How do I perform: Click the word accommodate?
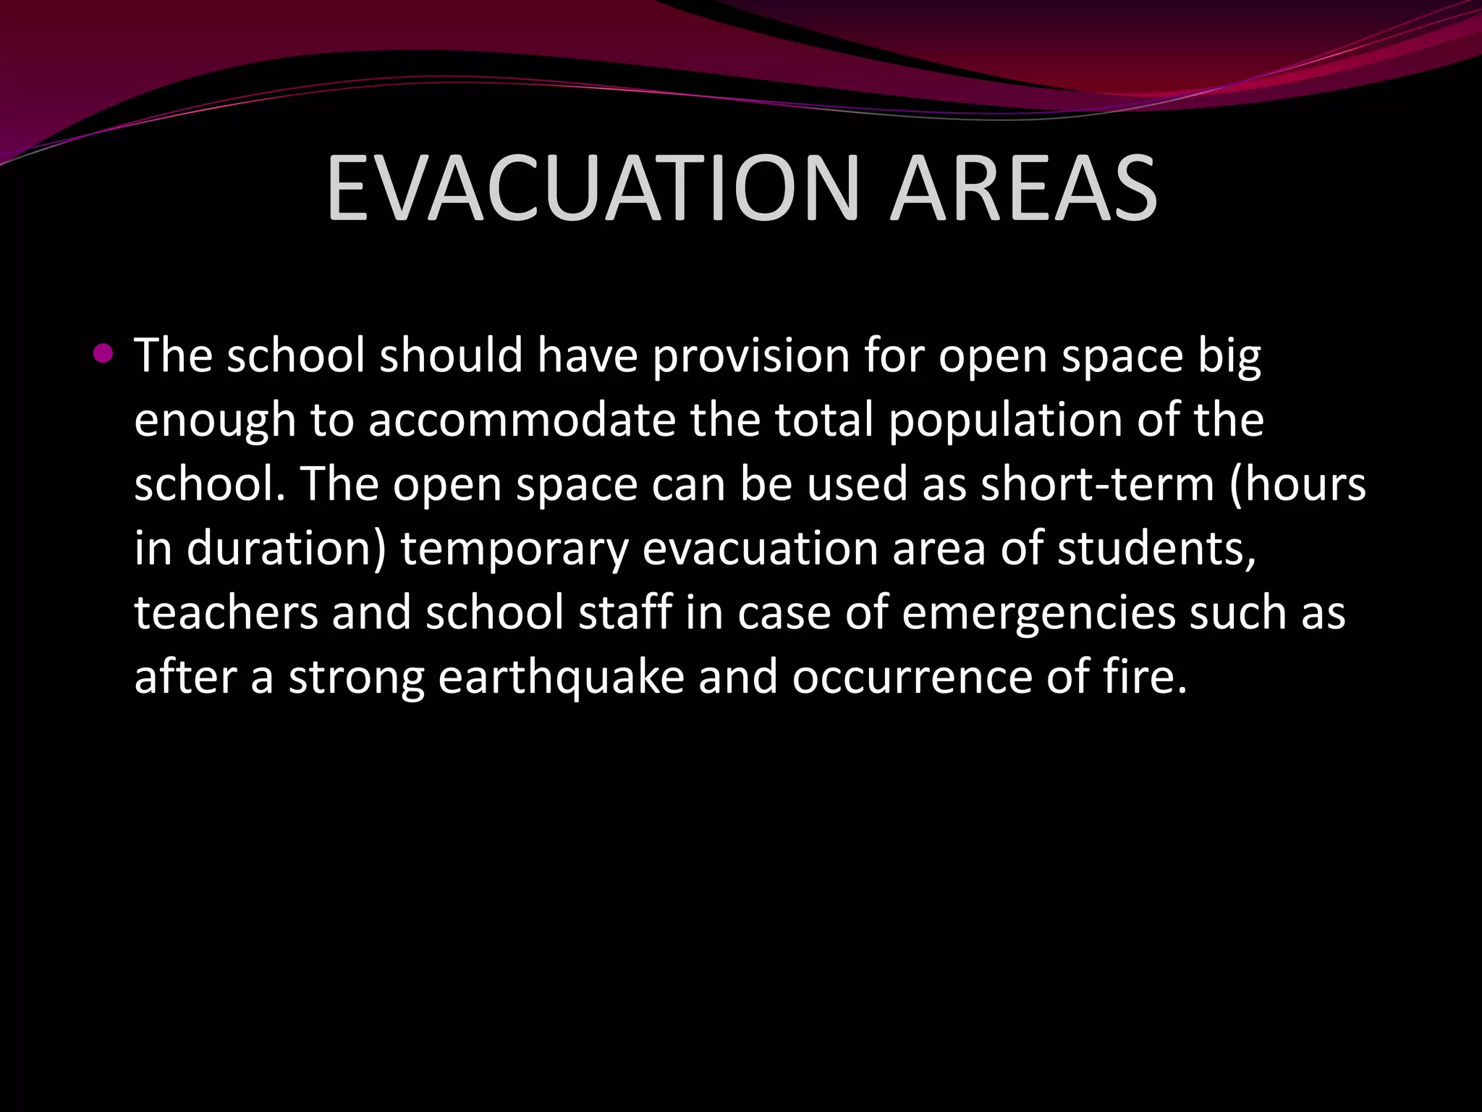coord(521,420)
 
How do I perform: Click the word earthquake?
coord(561,677)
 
